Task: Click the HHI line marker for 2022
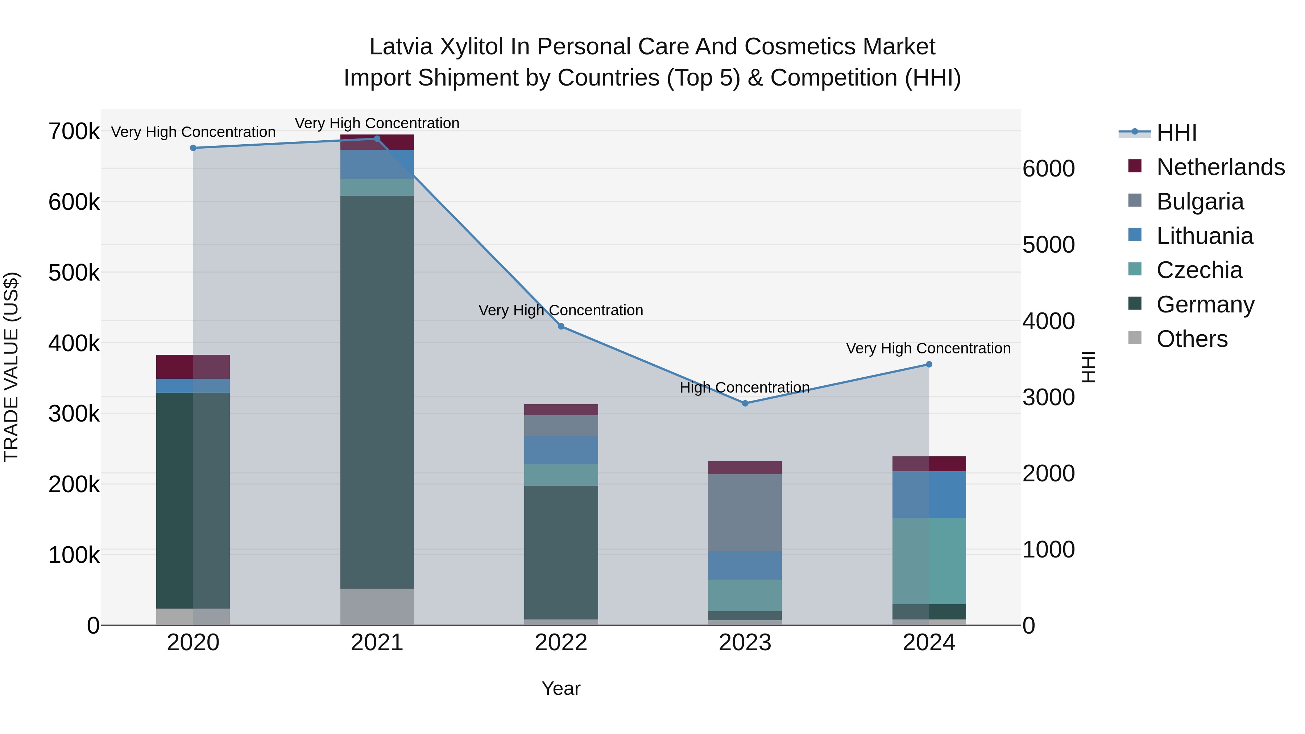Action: point(561,327)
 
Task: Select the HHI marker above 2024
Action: point(929,364)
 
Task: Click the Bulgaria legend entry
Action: point(1200,202)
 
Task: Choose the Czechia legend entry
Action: point(1199,270)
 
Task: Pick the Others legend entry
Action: point(1192,339)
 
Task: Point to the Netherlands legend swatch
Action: point(1135,166)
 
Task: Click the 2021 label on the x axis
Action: point(377,643)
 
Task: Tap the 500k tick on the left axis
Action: point(74,273)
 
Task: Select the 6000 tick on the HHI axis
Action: point(1048,169)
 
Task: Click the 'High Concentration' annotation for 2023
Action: point(744,387)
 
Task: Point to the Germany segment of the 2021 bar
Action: point(377,390)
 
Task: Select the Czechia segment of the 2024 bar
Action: point(929,561)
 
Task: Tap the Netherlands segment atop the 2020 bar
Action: point(193,367)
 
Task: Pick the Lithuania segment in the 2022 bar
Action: point(561,450)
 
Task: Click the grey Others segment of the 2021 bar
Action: point(377,606)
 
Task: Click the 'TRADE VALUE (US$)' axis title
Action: point(11,367)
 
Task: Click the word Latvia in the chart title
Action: point(400,47)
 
